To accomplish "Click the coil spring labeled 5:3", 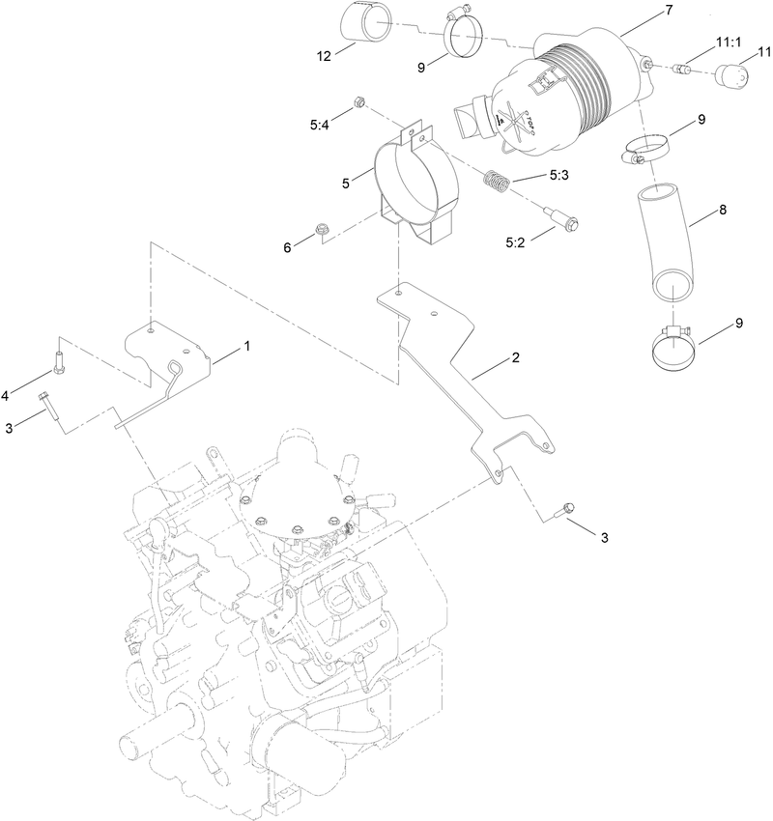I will pos(497,181).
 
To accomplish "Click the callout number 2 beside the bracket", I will pos(515,358).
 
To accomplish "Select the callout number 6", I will pos(287,248).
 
